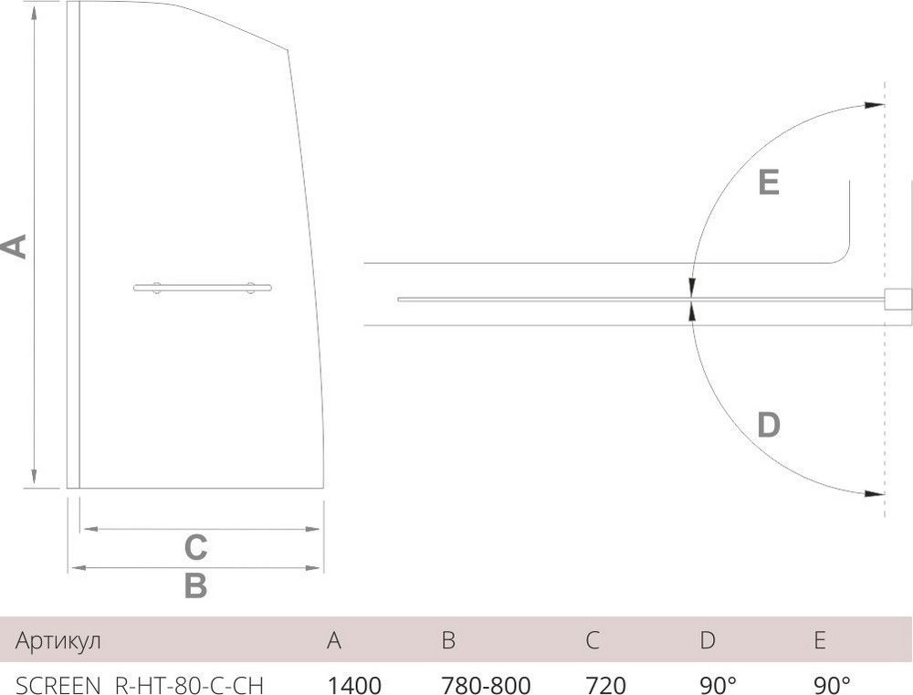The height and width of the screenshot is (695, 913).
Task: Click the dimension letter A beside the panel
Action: tap(13, 247)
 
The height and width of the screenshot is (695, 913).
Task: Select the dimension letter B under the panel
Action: tap(195, 586)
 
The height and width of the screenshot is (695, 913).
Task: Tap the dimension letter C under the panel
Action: tap(195, 548)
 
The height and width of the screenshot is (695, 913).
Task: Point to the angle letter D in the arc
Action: tap(769, 425)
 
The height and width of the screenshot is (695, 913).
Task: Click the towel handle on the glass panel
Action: tap(203, 289)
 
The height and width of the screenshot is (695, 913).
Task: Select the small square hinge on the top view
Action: tap(897, 301)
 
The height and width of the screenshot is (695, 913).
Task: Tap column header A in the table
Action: tap(334, 640)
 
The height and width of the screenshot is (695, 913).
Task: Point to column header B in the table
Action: tap(448, 640)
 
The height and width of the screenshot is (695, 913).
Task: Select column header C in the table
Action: tap(593, 640)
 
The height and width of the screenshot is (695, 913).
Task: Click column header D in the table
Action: tap(708, 640)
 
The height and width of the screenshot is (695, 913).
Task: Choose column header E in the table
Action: tap(819, 640)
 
